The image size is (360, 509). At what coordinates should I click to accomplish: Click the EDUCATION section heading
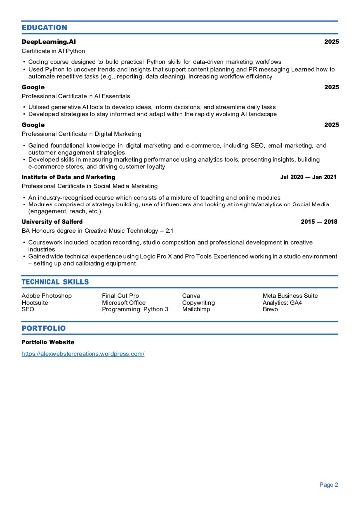(44, 28)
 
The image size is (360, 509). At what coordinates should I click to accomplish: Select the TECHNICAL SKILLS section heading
(55, 282)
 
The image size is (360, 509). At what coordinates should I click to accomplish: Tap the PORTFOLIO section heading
(44, 329)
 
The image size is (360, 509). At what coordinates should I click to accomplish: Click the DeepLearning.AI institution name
(49, 42)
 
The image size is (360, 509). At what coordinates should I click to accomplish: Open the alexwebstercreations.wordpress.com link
(83, 354)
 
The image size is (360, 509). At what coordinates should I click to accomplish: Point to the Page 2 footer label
(329, 485)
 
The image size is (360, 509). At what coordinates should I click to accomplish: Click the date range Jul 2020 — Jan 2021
(308, 177)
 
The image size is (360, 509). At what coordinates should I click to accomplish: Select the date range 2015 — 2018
(319, 222)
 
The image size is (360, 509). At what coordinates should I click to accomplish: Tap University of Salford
(52, 222)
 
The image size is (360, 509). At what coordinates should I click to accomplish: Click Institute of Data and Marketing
(69, 177)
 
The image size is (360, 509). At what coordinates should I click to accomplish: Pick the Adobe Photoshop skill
(47, 296)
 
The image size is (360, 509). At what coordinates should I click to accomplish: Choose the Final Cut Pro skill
(120, 296)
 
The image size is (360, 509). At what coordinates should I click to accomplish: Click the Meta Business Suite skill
(290, 296)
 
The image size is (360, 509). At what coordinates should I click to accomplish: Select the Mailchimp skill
(196, 309)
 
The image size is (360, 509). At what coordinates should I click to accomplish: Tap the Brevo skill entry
(270, 309)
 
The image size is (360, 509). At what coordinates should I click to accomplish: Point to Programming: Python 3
(135, 309)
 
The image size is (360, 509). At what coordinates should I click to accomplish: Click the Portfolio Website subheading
(48, 342)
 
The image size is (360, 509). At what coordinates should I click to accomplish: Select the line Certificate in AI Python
(53, 51)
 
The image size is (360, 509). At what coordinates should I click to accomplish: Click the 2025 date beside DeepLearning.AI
(331, 42)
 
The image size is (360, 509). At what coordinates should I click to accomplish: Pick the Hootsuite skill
(36, 303)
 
